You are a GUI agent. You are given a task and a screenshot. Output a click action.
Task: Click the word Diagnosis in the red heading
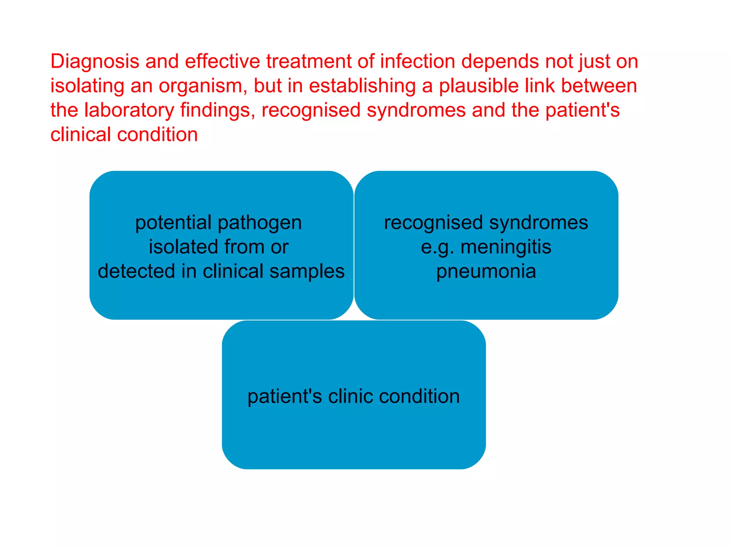coord(95,61)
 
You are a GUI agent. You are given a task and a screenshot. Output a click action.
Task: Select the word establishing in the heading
coord(362,86)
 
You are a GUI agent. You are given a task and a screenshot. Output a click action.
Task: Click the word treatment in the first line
coord(309,61)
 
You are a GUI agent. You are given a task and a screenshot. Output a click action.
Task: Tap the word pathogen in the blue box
coord(259,223)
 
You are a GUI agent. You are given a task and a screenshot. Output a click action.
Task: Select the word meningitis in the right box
coord(506,247)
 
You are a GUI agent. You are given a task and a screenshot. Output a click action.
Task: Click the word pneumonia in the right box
coord(486,271)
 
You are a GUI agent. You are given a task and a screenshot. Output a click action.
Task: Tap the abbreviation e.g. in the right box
coord(437,248)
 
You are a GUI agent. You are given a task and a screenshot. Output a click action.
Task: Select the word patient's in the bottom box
coord(285,396)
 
